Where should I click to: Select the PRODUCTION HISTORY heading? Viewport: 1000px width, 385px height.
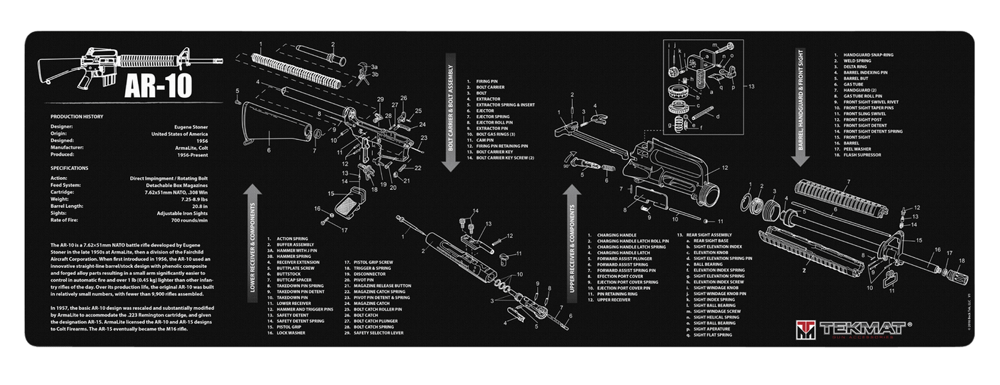pos(77,116)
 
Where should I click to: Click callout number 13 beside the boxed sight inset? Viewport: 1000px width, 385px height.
pos(751,86)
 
